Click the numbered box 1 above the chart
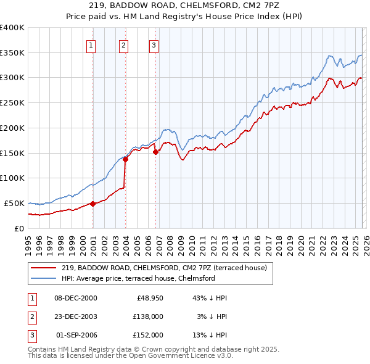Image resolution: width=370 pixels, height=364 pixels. [91, 44]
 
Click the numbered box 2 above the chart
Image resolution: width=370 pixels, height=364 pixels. [123, 44]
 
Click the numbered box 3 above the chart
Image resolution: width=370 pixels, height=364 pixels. [154, 44]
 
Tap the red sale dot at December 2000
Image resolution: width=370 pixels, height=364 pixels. [93, 203]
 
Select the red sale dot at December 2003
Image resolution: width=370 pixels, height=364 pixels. [126, 159]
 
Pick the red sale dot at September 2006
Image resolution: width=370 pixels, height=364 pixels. [155, 152]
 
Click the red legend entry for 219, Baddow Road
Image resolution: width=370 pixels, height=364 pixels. [163, 268]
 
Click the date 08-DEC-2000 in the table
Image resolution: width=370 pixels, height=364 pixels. [76, 298]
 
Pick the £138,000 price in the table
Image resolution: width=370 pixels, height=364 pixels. [148, 316]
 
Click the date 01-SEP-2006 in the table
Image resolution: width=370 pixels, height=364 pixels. [76, 335]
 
